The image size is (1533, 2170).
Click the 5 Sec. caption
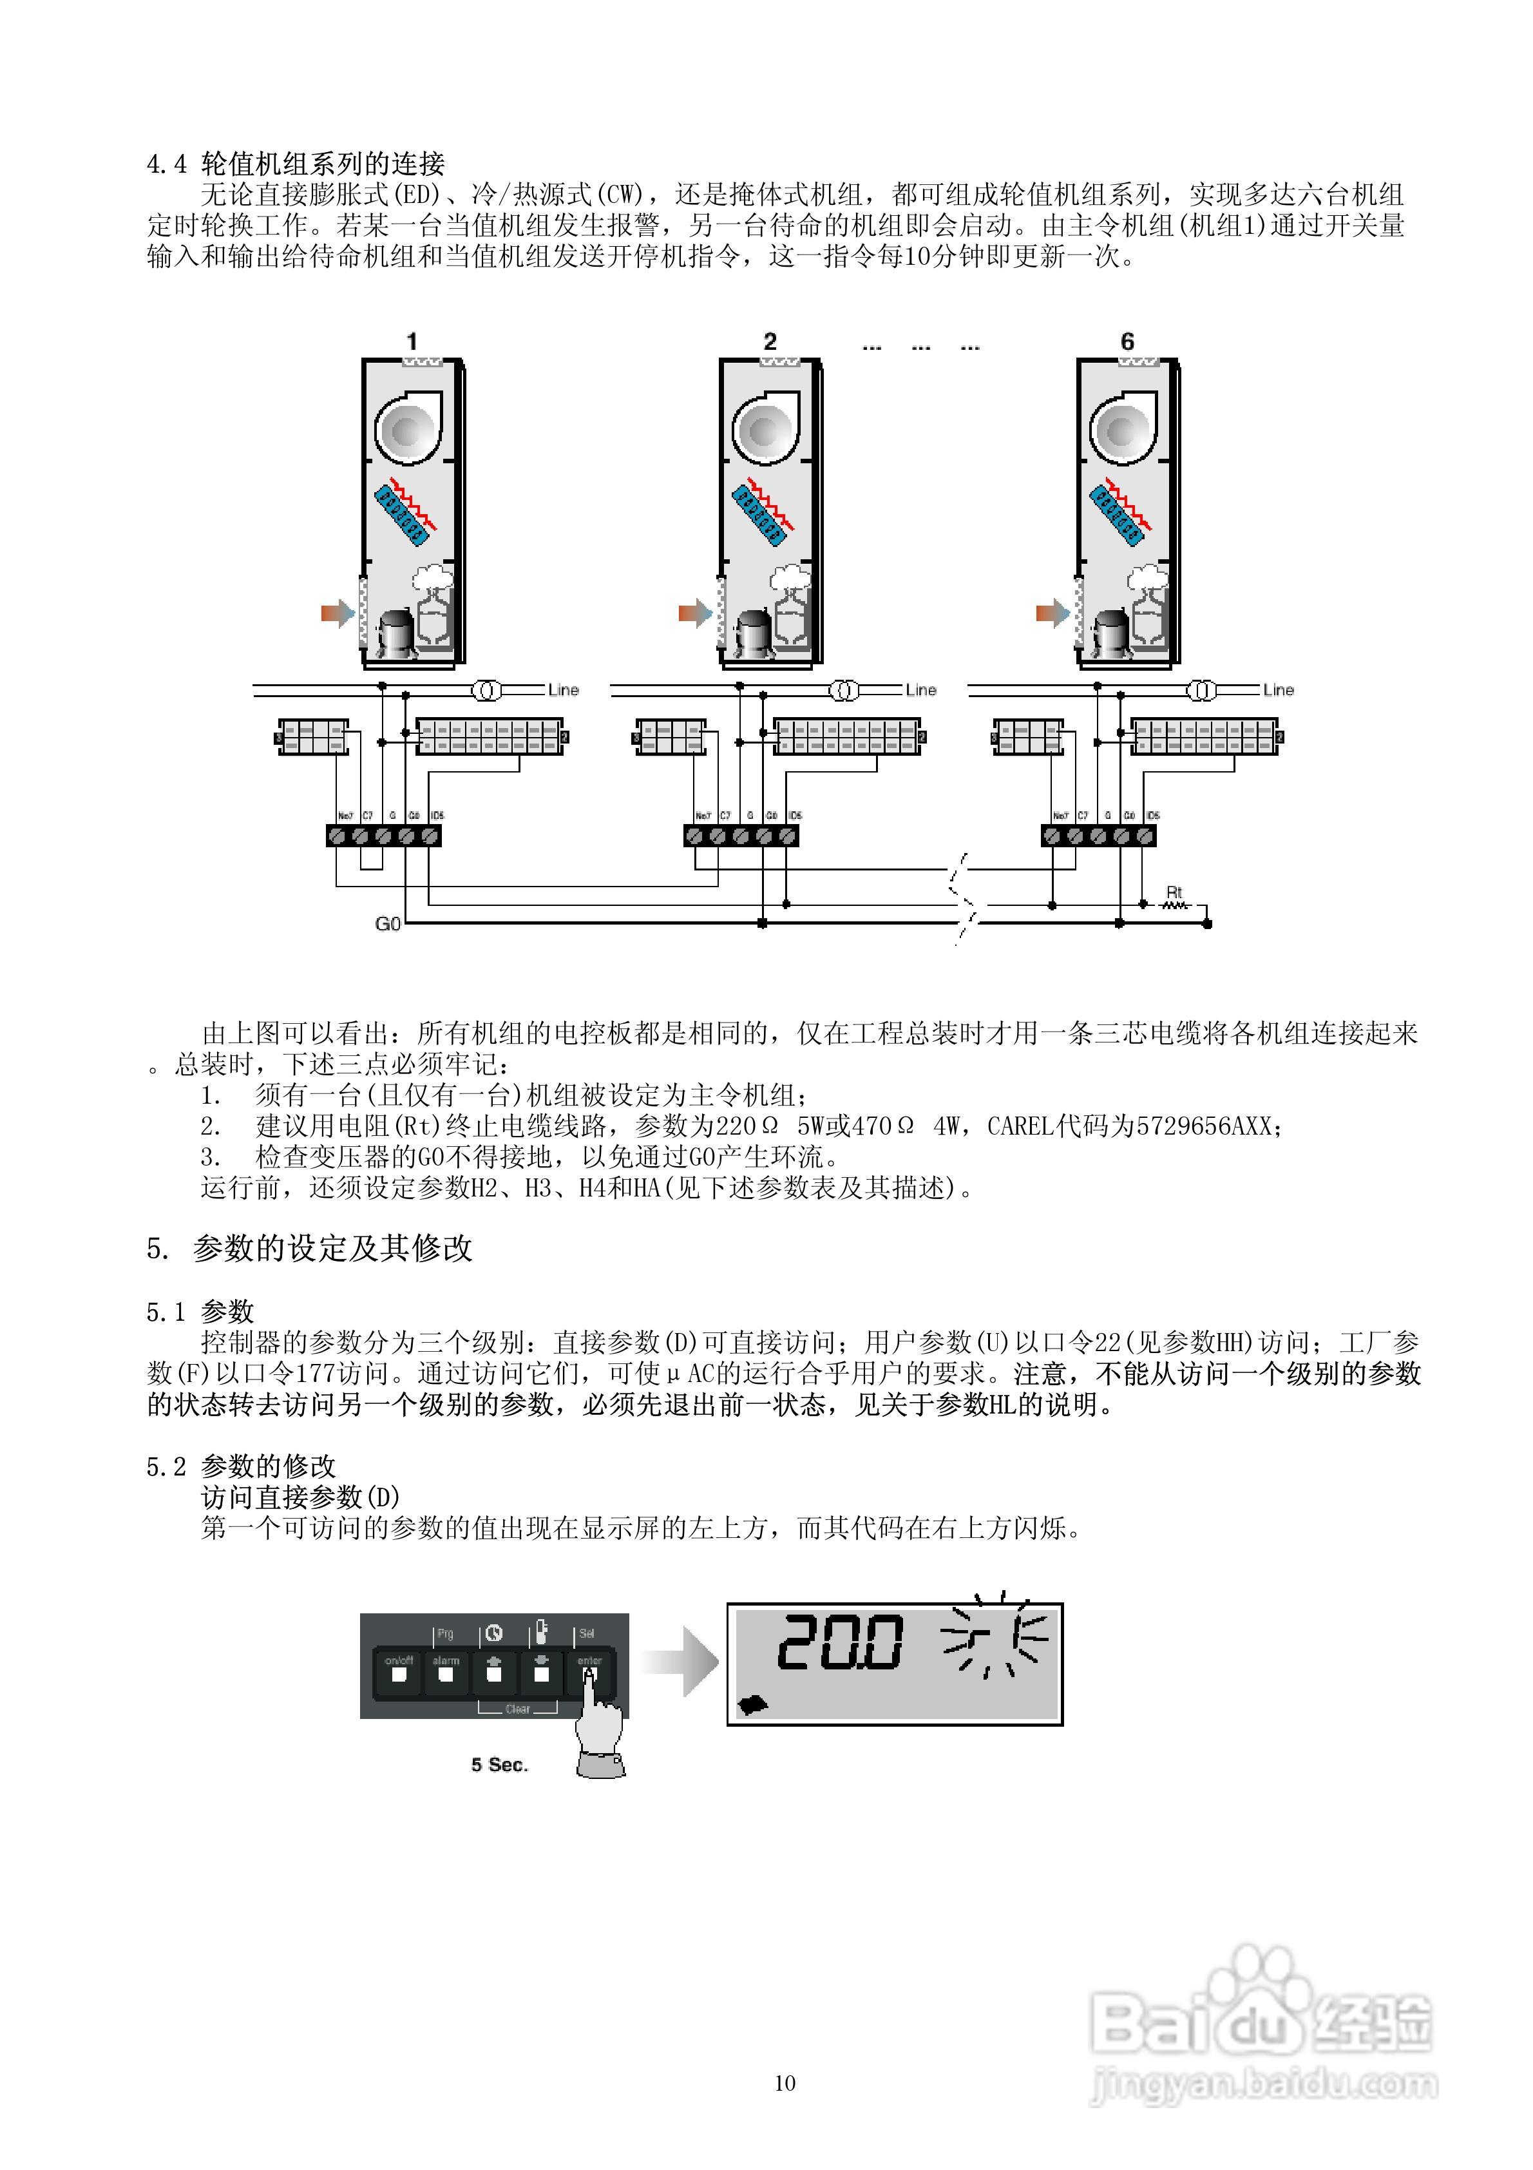tap(499, 1765)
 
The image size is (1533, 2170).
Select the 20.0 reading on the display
tap(839, 1642)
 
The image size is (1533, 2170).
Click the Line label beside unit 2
tap(920, 690)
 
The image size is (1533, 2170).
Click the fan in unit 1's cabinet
tap(408, 430)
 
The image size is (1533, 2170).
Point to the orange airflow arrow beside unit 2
tap(694, 613)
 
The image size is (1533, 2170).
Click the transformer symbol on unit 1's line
tap(487, 691)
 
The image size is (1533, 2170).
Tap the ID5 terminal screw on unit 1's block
tap(430, 836)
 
